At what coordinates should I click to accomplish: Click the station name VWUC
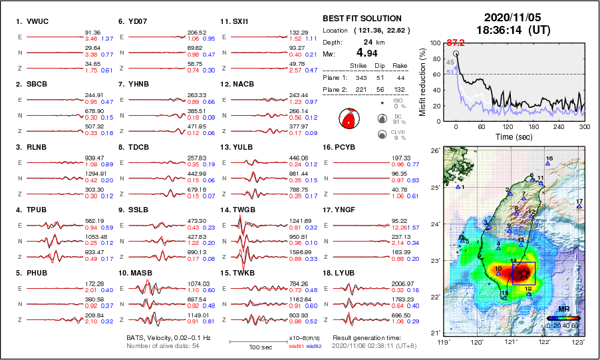(x=38, y=21)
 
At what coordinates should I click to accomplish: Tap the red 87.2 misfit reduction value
(x=455, y=43)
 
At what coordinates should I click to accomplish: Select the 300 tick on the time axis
(x=583, y=126)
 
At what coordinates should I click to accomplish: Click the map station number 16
(x=548, y=158)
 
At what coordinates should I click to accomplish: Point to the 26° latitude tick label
(x=433, y=151)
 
